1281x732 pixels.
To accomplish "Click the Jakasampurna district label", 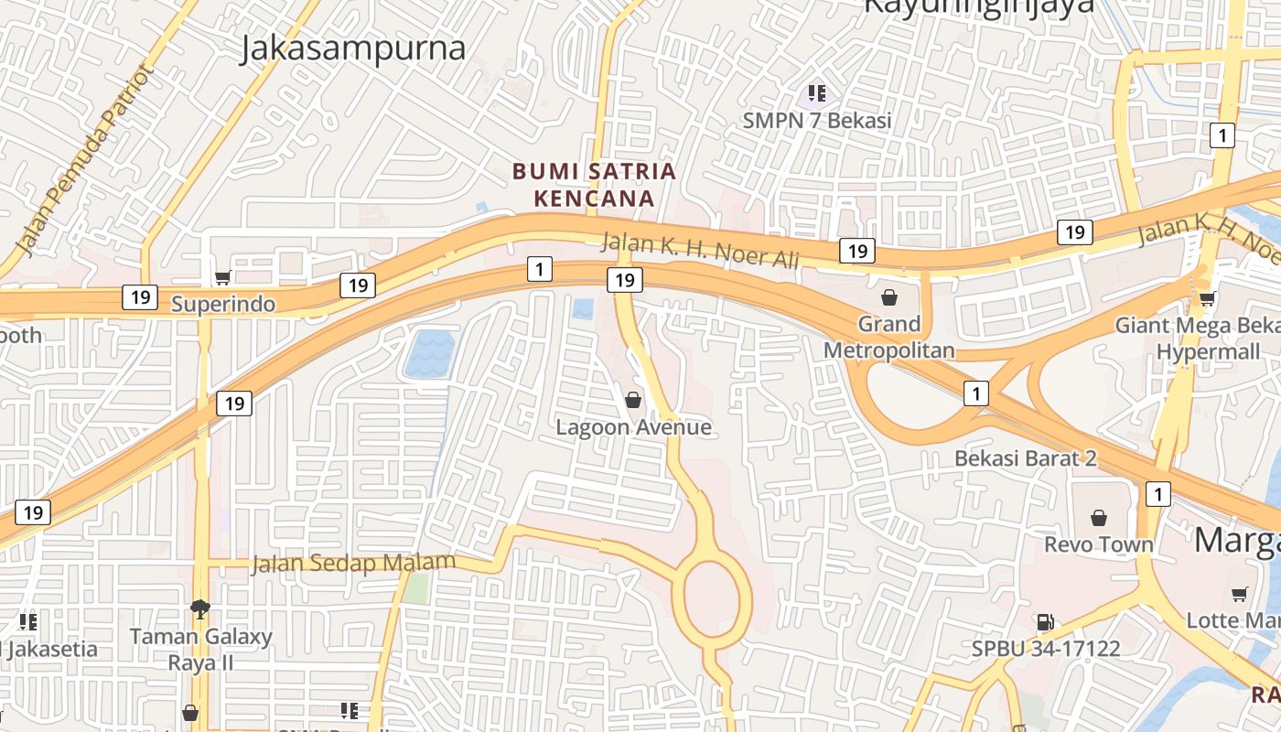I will [x=353, y=48].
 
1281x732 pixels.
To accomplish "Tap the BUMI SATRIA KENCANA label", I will [x=594, y=184].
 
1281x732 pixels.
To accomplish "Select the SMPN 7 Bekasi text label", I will [x=817, y=120].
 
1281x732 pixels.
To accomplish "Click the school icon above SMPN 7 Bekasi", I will [x=817, y=92].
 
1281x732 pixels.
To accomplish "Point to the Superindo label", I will [x=223, y=304].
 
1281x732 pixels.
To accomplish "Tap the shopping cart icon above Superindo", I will [x=222, y=277].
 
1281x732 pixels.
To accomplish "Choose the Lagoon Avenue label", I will [x=633, y=427].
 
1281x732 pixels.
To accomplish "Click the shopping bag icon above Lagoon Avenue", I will [x=632, y=400].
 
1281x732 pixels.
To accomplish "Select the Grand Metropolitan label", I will [x=888, y=337].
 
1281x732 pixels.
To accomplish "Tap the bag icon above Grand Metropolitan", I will [x=888, y=297].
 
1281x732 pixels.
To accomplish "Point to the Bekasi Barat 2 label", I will [x=1025, y=458].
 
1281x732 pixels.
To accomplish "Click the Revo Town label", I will [x=1099, y=544].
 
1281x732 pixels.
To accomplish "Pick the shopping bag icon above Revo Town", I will [x=1099, y=518].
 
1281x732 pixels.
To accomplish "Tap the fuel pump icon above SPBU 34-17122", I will [x=1045, y=622].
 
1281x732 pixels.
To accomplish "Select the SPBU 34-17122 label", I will [x=1046, y=649].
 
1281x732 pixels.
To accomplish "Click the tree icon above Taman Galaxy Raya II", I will [x=200, y=608].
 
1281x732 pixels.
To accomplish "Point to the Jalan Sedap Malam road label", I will [x=353, y=563].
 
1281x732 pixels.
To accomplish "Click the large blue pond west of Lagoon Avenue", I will [x=429, y=354].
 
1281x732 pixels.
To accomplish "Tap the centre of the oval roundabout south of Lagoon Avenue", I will [x=711, y=597].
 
